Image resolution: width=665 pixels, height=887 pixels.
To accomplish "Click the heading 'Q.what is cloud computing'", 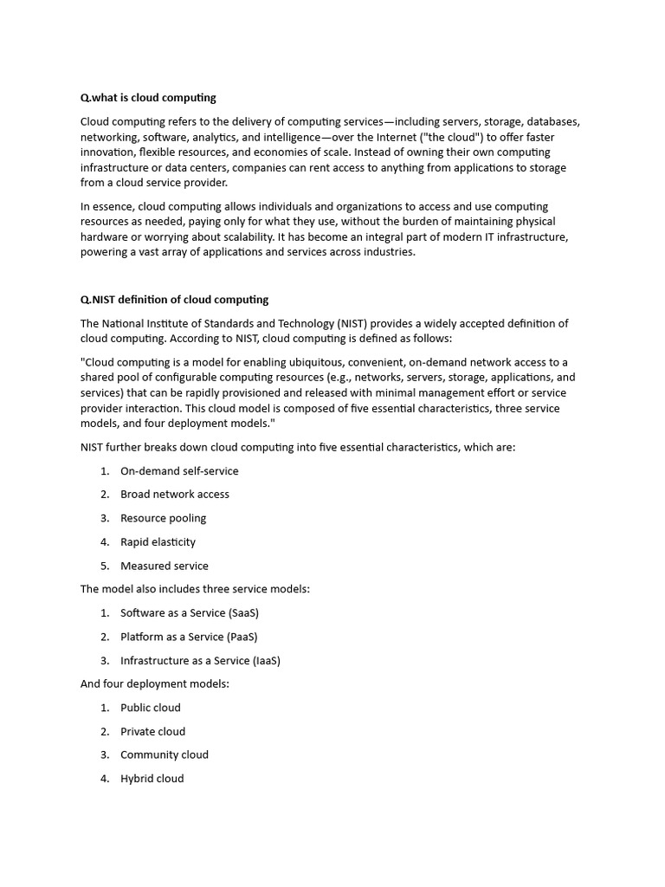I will pos(148,98).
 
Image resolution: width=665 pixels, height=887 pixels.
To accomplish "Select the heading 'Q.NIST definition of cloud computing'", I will pos(174,300).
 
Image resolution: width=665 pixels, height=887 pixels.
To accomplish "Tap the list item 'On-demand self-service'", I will pos(179,471).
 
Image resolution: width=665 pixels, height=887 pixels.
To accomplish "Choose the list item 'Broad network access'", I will pos(174,495).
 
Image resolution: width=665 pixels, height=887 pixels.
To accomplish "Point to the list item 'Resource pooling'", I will pos(163,518).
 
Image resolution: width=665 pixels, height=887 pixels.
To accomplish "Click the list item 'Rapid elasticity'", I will pos(158,542).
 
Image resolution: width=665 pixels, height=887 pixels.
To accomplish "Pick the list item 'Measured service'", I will pos(164,566).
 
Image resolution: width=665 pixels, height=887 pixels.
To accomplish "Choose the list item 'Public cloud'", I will pos(150,708).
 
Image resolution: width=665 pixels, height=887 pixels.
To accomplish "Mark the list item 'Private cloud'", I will pos(152,731).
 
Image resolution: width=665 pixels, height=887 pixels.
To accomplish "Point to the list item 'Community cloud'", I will pos(164,754).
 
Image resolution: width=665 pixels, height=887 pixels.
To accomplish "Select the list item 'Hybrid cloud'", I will pos(152,779).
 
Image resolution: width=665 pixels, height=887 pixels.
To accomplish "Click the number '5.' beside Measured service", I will pos(104,566).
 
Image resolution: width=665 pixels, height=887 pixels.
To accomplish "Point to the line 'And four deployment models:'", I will pos(154,683).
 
